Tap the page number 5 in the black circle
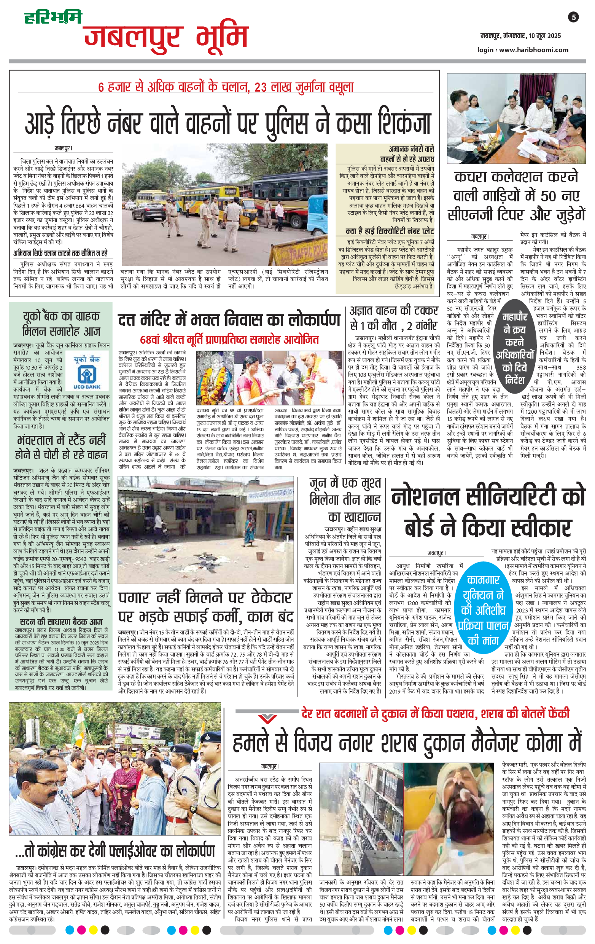pyautogui.click(x=573, y=17)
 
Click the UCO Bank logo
pyautogui.click(x=87, y=372)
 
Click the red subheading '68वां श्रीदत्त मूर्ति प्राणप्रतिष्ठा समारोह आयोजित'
pyautogui.click(x=229, y=339)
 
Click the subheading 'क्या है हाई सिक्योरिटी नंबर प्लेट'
pyautogui.click(x=390, y=231)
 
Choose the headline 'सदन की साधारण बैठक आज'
pyautogui.click(x=61, y=622)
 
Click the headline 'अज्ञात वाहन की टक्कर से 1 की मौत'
pyautogui.click(x=394, y=318)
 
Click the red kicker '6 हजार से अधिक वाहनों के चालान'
pyautogui.click(x=226, y=87)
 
